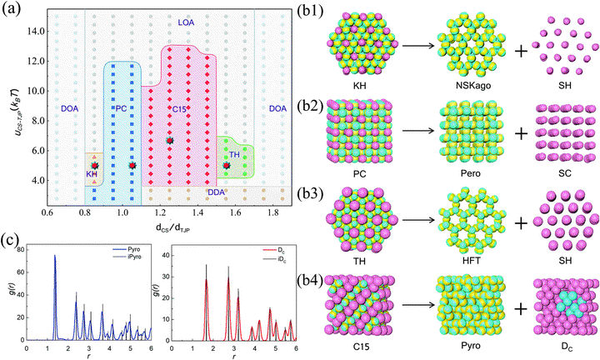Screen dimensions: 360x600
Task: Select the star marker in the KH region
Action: coord(95,166)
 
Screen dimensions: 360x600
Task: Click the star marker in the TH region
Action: coord(227,166)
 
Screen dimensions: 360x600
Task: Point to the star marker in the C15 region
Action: coord(169,141)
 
